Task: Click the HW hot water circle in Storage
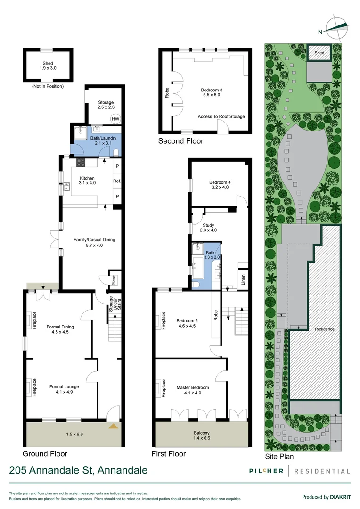coord(115,119)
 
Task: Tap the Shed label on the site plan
coord(319,53)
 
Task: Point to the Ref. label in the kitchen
coord(117,181)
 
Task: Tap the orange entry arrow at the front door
coord(114,426)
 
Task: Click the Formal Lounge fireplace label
coord(35,387)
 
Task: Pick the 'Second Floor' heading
coord(180,141)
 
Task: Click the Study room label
coord(208,228)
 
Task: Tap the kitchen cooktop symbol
coord(81,163)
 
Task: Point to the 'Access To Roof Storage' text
coord(221,117)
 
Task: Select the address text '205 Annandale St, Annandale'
coord(78,470)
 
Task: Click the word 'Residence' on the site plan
coord(325,329)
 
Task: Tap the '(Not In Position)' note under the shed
coord(48,86)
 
